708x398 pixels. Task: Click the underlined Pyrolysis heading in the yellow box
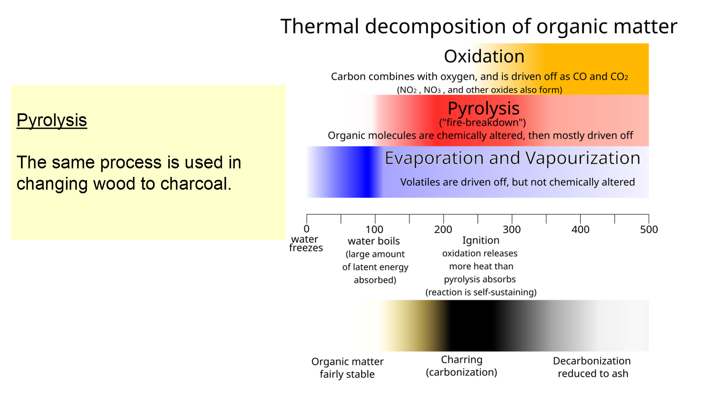(x=52, y=121)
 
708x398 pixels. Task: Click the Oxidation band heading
(x=484, y=56)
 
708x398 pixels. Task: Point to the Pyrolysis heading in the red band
(x=483, y=108)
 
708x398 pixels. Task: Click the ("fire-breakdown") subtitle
(x=482, y=123)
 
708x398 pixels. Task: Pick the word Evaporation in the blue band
(x=434, y=159)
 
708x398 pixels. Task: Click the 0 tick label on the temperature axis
(x=307, y=229)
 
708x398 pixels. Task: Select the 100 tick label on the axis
(x=374, y=229)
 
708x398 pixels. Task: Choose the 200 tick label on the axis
(x=443, y=229)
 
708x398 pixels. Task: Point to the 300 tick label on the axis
(x=512, y=229)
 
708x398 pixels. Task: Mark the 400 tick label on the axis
(x=580, y=229)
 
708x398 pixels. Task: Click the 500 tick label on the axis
(x=649, y=229)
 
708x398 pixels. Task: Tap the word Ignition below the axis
(x=481, y=241)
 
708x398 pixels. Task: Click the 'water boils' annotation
(x=374, y=241)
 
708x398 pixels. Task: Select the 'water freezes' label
(x=306, y=243)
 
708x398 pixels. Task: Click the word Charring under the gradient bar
(x=462, y=360)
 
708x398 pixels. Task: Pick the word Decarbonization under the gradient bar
(x=592, y=361)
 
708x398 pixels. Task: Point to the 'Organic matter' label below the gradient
(x=347, y=362)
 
